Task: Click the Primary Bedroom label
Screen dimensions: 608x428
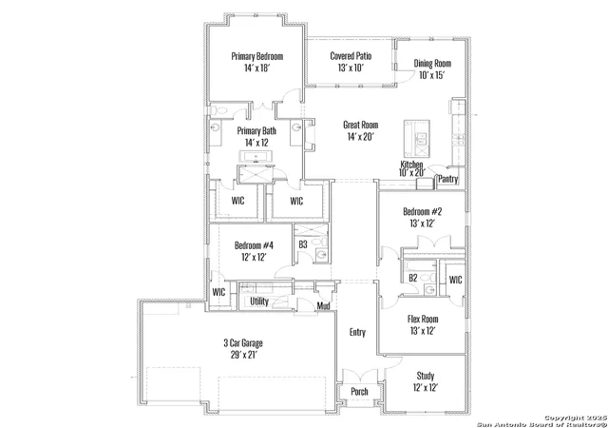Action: click(x=257, y=56)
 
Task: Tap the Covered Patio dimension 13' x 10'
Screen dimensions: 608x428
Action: click(x=351, y=68)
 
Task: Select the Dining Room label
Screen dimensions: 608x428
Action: click(x=432, y=64)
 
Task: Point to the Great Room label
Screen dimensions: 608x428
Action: click(x=361, y=125)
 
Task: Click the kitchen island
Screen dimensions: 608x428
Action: click(x=417, y=139)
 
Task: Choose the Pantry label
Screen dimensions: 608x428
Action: click(x=448, y=179)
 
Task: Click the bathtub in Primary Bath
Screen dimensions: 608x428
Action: click(x=256, y=157)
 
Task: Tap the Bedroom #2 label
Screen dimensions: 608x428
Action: click(x=422, y=212)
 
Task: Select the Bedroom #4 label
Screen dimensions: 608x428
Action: click(x=254, y=245)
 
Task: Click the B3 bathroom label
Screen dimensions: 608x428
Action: click(x=303, y=244)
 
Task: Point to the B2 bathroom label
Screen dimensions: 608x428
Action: click(x=413, y=278)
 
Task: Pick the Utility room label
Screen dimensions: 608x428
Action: click(x=259, y=302)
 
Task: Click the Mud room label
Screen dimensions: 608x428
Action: click(x=323, y=306)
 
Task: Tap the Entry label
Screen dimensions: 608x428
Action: click(x=357, y=333)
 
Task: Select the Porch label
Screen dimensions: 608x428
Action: click(x=359, y=392)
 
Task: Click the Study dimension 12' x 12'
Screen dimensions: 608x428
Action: click(x=426, y=388)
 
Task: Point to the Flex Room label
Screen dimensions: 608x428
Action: click(x=423, y=320)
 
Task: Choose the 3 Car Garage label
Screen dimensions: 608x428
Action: click(x=243, y=343)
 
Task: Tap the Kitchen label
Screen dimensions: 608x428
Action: click(x=411, y=165)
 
